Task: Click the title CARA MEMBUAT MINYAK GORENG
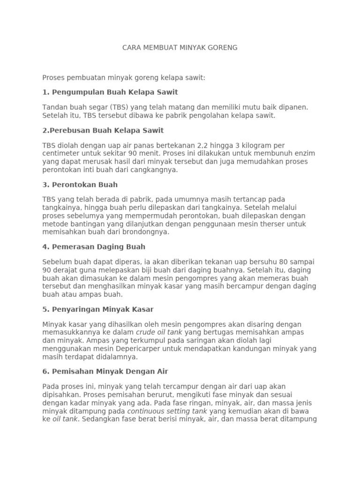pos(180,47)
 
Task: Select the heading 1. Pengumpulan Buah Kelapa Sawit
pos(110,92)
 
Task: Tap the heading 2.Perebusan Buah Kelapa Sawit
pos(103,130)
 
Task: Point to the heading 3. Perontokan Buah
pos(80,184)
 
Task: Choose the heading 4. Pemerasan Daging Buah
pos(94,247)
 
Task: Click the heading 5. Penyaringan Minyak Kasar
pos(98,309)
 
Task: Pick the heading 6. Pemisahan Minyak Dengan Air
pos(105,371)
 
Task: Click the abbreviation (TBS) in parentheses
pos(120,107)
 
